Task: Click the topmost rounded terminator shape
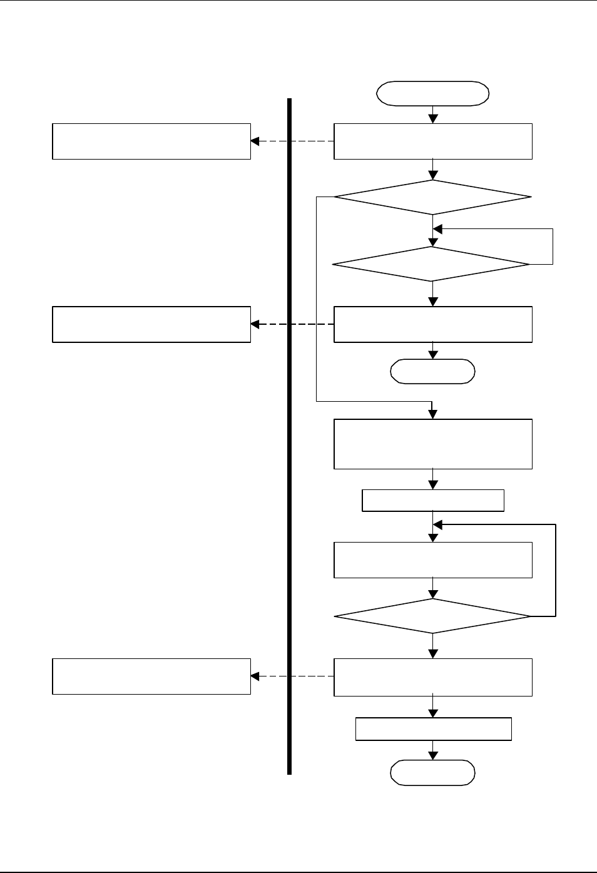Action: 432,93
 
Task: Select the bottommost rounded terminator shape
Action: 432,773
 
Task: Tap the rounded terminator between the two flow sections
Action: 432,371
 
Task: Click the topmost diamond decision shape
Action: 432,197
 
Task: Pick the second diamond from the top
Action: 431,264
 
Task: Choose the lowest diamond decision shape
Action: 432,616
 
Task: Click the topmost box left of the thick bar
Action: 151,141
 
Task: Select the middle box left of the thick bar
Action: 151,324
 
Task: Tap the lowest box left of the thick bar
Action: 151,676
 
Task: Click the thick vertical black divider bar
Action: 290,438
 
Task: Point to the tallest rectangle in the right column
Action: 433,444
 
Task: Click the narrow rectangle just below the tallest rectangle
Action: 433,501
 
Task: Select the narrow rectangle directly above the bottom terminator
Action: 434,729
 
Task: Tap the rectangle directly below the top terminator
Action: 433,141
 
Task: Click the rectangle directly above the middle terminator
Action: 433,324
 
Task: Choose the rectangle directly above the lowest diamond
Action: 433,560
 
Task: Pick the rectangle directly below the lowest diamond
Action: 433,677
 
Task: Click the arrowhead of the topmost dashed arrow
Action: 255,141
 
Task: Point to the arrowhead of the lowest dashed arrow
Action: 255,676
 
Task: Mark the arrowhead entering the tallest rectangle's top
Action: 432,414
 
